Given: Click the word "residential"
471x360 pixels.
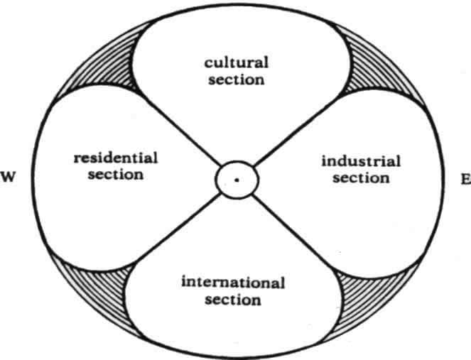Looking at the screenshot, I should pyautogui.click(x=115, y=156).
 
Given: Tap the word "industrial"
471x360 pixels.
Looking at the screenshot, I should pyautogui.click(x=361, y=161).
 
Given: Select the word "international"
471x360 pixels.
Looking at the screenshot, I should pyautogui.click(x=233, y=283).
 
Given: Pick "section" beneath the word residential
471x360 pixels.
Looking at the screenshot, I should pyautogui.click(x=115, y=173).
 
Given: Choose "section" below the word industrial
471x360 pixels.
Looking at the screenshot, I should pyautogui.click(x=361, y=178).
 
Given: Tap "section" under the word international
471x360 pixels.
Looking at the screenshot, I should pyautogui.click(x=232, y=299).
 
